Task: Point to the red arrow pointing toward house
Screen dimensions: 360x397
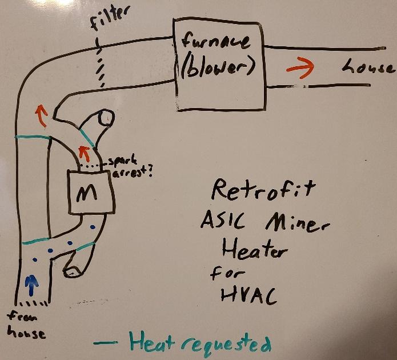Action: point(300,68)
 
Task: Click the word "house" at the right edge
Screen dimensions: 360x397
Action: point(368,68)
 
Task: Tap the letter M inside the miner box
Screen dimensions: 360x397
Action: point(87,193)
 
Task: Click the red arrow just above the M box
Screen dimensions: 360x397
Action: point(84,153)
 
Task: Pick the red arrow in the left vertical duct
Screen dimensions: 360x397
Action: point(40,116)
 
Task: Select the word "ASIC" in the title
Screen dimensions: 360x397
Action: point(227,221)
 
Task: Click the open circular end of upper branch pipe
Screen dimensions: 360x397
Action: point(105,117)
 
